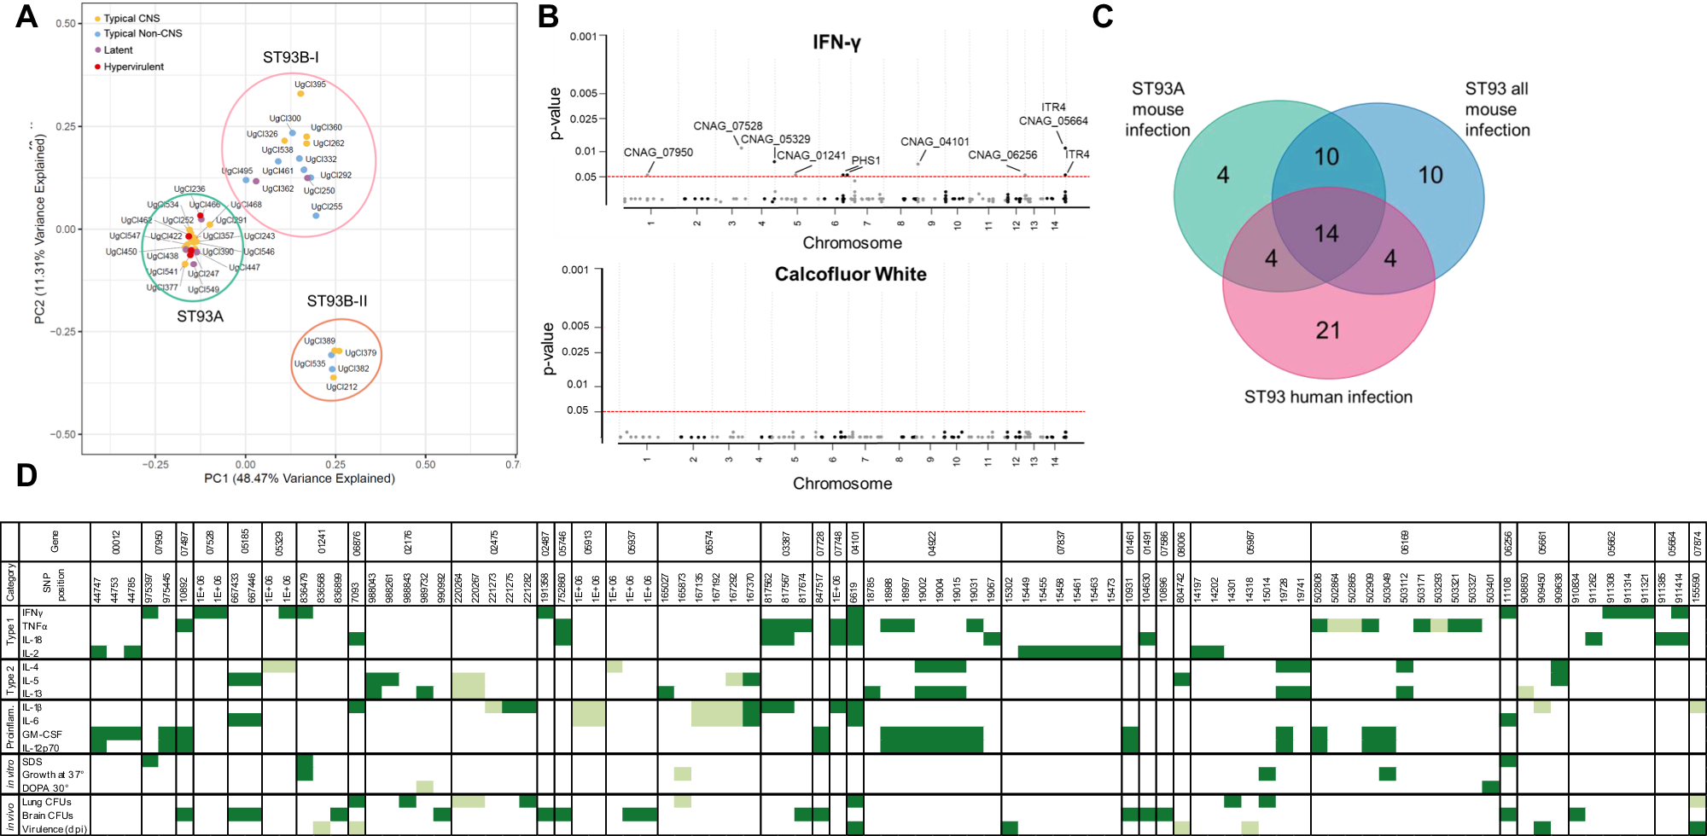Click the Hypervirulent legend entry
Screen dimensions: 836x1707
(133, 67)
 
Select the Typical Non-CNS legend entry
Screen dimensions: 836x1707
(143, 33)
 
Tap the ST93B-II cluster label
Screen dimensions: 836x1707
(337, 301)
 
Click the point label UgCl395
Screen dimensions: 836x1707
(310, 84)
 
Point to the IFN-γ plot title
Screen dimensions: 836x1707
(836, 43)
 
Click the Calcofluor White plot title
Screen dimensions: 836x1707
(850, 275)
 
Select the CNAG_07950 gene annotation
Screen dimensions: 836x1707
(658, 153)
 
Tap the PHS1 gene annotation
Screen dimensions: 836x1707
(865, 160)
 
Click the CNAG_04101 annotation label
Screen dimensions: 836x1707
(935, 142)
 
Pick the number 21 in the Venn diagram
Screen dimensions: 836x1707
(1327, 331)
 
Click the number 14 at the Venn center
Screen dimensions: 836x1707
(1326, 234)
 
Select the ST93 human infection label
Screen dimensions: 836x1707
(1328, 398)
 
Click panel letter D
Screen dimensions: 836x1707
(26, 476)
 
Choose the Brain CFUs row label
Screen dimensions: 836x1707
(47, 816)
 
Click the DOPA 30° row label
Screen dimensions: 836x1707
(45, 788)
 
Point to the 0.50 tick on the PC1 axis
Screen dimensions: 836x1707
(425, 465)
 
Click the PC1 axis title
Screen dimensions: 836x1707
(299, 479)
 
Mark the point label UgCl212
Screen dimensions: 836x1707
(341, 386)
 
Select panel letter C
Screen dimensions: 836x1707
(1102, 16)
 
